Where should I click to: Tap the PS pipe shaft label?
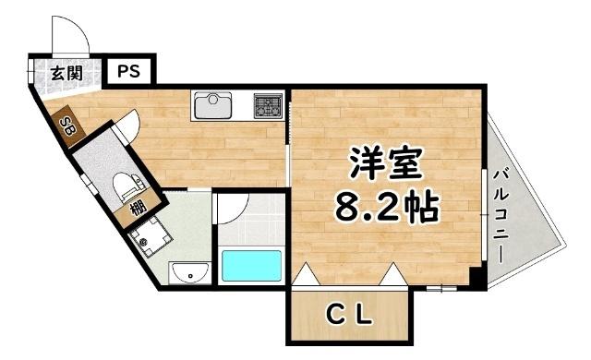click(128, 71)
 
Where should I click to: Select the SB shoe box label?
click(66, 125)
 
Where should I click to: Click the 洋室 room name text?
click(385, 166)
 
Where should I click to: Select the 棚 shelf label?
click(138, 208)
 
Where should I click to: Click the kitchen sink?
click(215, 104)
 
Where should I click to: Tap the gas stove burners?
click(268, 104)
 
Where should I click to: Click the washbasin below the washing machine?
click(188, 273)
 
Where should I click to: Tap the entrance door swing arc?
click(70, 38)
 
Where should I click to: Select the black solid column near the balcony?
click(476, 276)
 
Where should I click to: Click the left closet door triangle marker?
click(306, 273)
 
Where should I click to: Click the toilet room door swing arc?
click(129, 125)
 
